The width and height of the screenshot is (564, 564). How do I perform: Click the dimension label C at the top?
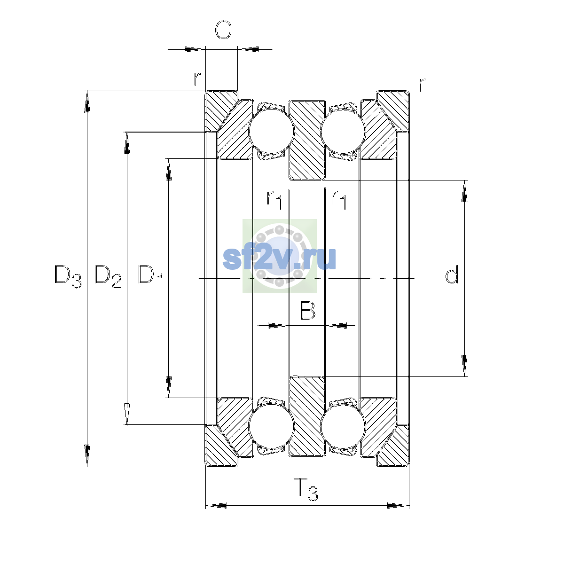[x=223, y=30]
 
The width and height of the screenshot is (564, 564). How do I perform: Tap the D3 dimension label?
[x=68, y=276]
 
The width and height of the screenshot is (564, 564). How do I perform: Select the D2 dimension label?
[x=108, y=276]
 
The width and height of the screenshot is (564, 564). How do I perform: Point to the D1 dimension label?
[x=150, y=276]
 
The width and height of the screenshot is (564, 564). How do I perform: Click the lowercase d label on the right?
[x=451, y=274]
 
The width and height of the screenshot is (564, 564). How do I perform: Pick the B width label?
[x=308, y=311]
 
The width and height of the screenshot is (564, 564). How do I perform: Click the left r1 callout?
[x=274, y=199]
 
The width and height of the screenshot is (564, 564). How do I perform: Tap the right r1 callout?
[x=338, y=199]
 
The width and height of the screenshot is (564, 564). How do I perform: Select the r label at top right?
[x=422, y=85]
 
